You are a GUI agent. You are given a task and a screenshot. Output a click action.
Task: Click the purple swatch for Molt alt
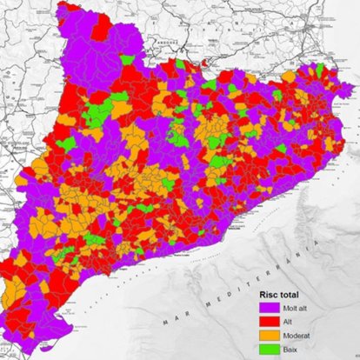[x=269, y=306]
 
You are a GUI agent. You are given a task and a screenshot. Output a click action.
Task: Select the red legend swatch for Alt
[x=269, y=320]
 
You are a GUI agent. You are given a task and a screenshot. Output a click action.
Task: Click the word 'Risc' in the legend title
[x=271, y=292]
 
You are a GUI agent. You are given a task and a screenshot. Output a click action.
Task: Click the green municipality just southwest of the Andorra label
[x=129, y=61]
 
